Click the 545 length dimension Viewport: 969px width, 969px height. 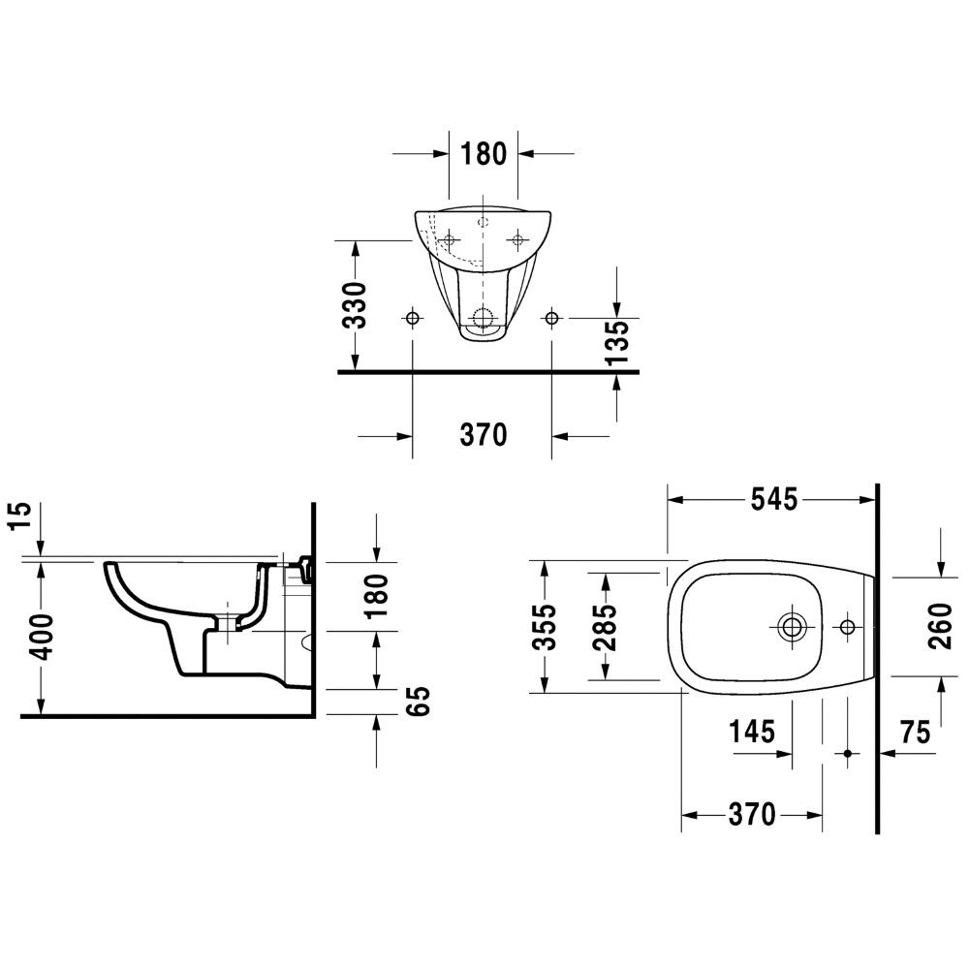(x=773, y=499)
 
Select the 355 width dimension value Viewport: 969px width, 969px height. (x=545, y=627)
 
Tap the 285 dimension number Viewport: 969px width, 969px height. (x=605, y=627)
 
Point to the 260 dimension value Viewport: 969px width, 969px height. (x=940, y=627)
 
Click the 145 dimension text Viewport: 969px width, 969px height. (x=752, y=732)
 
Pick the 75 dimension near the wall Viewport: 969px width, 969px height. (x=916, y=733)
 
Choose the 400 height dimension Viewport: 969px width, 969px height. (x=43, y=638)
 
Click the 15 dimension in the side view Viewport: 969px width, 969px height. (x=19, y=516)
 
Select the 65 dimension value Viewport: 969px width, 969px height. (x=419, y=702)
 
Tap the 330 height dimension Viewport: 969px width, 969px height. (x=355, y=304)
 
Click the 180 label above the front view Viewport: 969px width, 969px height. (x=484, y=153)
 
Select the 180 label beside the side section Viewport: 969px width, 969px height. (x=376, y=596)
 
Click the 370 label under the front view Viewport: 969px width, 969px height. (x=484, y=435)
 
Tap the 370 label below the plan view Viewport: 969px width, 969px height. (x=752, y=815)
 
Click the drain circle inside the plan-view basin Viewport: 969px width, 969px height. (x=791, y=627)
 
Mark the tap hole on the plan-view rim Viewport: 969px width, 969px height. (x=847, y=627)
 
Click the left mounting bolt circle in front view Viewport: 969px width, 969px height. (x=412, y=318)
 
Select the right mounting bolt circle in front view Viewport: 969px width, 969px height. (x=552, y=318)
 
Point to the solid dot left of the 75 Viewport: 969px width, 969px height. (x=847, y=753)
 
